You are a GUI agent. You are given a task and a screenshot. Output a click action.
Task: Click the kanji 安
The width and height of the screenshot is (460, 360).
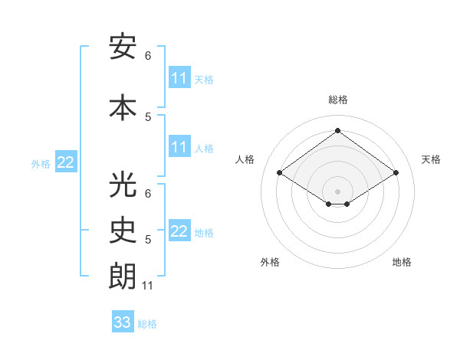(123, 47)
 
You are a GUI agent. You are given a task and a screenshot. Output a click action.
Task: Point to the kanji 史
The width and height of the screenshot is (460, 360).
(123, 230)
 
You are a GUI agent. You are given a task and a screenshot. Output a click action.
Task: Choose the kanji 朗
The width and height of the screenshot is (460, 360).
(123, 277)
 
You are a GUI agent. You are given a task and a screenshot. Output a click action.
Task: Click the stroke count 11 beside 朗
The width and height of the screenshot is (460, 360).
(149, 286)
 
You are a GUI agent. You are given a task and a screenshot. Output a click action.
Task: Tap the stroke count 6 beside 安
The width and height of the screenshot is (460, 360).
(148, 56)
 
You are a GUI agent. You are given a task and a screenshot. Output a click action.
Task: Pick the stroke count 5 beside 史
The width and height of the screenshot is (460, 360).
(148, 240)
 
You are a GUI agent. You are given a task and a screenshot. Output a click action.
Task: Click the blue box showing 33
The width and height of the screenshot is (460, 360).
(123, 322)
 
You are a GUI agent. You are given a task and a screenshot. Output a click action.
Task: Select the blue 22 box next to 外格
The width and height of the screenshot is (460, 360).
(66, 162)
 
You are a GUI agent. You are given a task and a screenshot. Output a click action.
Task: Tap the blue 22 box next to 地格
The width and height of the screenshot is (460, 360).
(179, 231)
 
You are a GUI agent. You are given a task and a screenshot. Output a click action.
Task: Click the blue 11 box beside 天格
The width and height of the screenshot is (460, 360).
(179, 78)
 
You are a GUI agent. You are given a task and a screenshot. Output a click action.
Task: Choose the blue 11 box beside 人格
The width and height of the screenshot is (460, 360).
(179, 147)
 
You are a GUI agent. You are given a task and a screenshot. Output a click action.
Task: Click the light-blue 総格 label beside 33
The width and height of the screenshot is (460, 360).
(148, 324)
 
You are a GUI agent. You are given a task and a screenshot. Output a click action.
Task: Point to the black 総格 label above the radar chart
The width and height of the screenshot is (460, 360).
(337, 100)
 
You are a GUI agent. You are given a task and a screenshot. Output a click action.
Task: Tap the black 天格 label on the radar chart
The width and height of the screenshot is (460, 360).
(432, 159)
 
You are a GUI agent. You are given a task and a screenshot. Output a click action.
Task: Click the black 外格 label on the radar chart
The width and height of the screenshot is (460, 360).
(270, 262)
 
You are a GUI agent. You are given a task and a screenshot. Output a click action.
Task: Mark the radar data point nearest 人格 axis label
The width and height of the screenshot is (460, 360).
(279, 173)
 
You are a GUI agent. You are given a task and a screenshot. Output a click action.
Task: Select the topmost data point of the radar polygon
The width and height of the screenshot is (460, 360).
(337, 131)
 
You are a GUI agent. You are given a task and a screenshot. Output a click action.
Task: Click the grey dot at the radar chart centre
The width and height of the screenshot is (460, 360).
(337, 190)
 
